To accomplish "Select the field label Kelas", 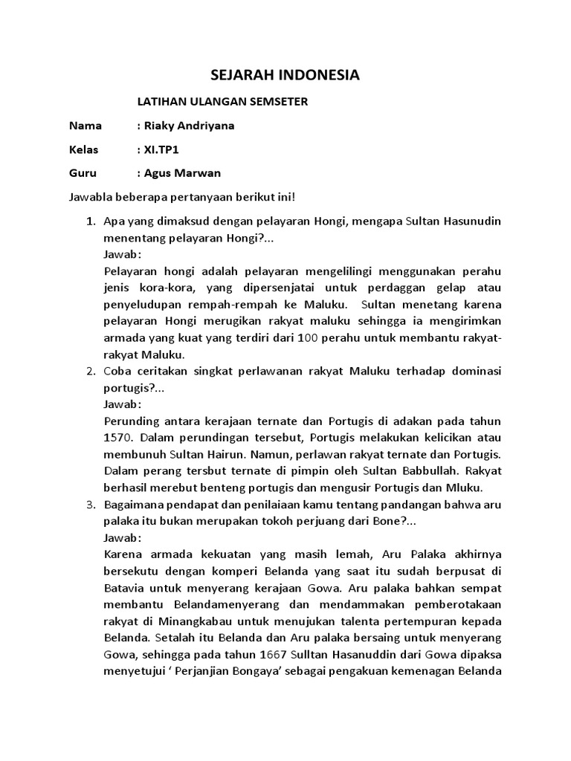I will tap(83, 149).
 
